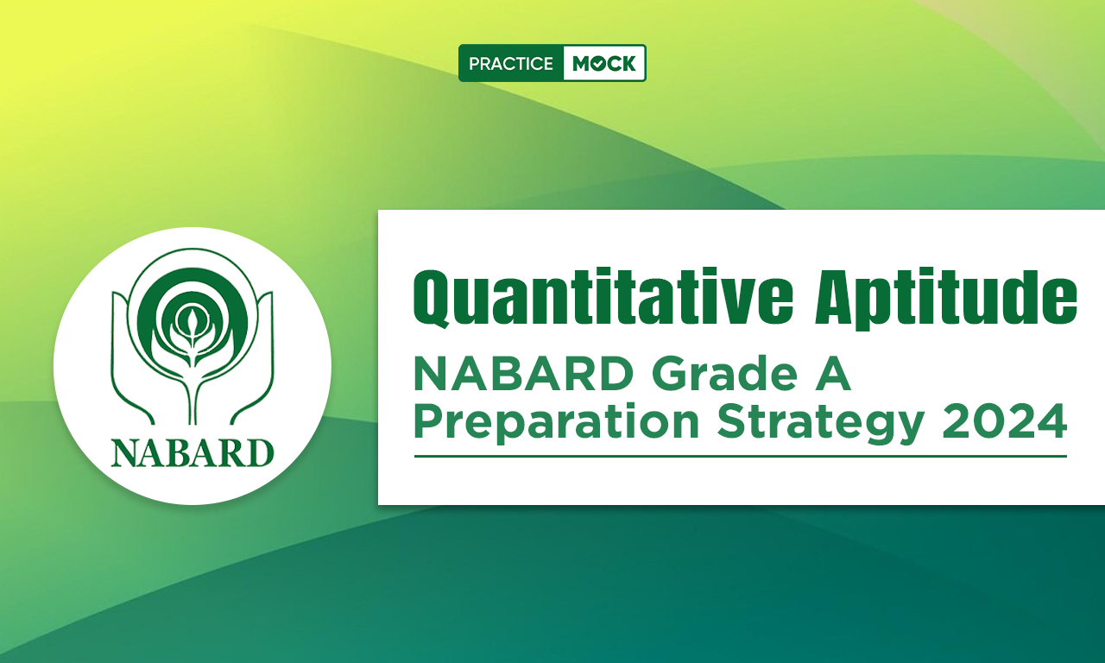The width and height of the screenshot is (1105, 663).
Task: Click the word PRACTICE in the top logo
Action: click(x=510, y=64)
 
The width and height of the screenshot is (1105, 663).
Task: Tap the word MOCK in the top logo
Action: click(x=603, y=64)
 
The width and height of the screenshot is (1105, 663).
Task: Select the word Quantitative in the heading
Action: click(x=603, y=297)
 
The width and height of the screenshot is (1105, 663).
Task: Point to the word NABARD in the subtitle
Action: click(x=523, y=374)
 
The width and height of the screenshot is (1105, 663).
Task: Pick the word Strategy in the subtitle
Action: click(x=820, y=424)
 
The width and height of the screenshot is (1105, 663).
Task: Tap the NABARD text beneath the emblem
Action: click(x=193, y=452)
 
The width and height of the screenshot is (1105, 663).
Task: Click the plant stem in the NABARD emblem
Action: click(x=193, y=395)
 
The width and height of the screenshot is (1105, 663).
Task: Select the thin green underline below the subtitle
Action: click(x=741, y=457)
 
